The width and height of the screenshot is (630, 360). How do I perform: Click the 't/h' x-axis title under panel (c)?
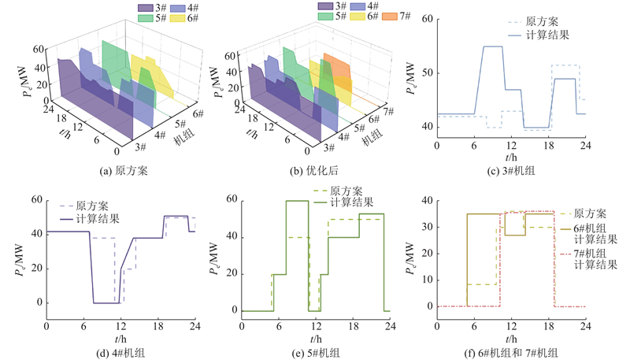(511, 157)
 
